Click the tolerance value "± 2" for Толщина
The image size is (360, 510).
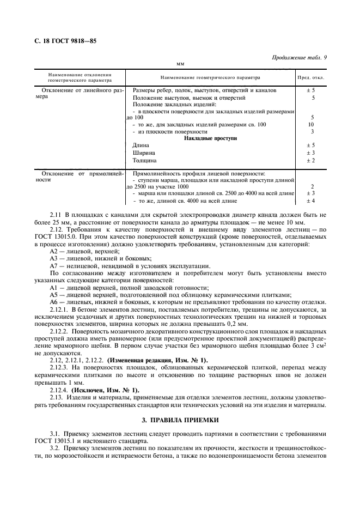pyautogui.click(x=311, y=161)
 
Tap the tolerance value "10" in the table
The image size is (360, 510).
pyautogui.click(x=312, y=125)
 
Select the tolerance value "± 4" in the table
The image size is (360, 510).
pyautogui.click(x=311, y=201)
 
